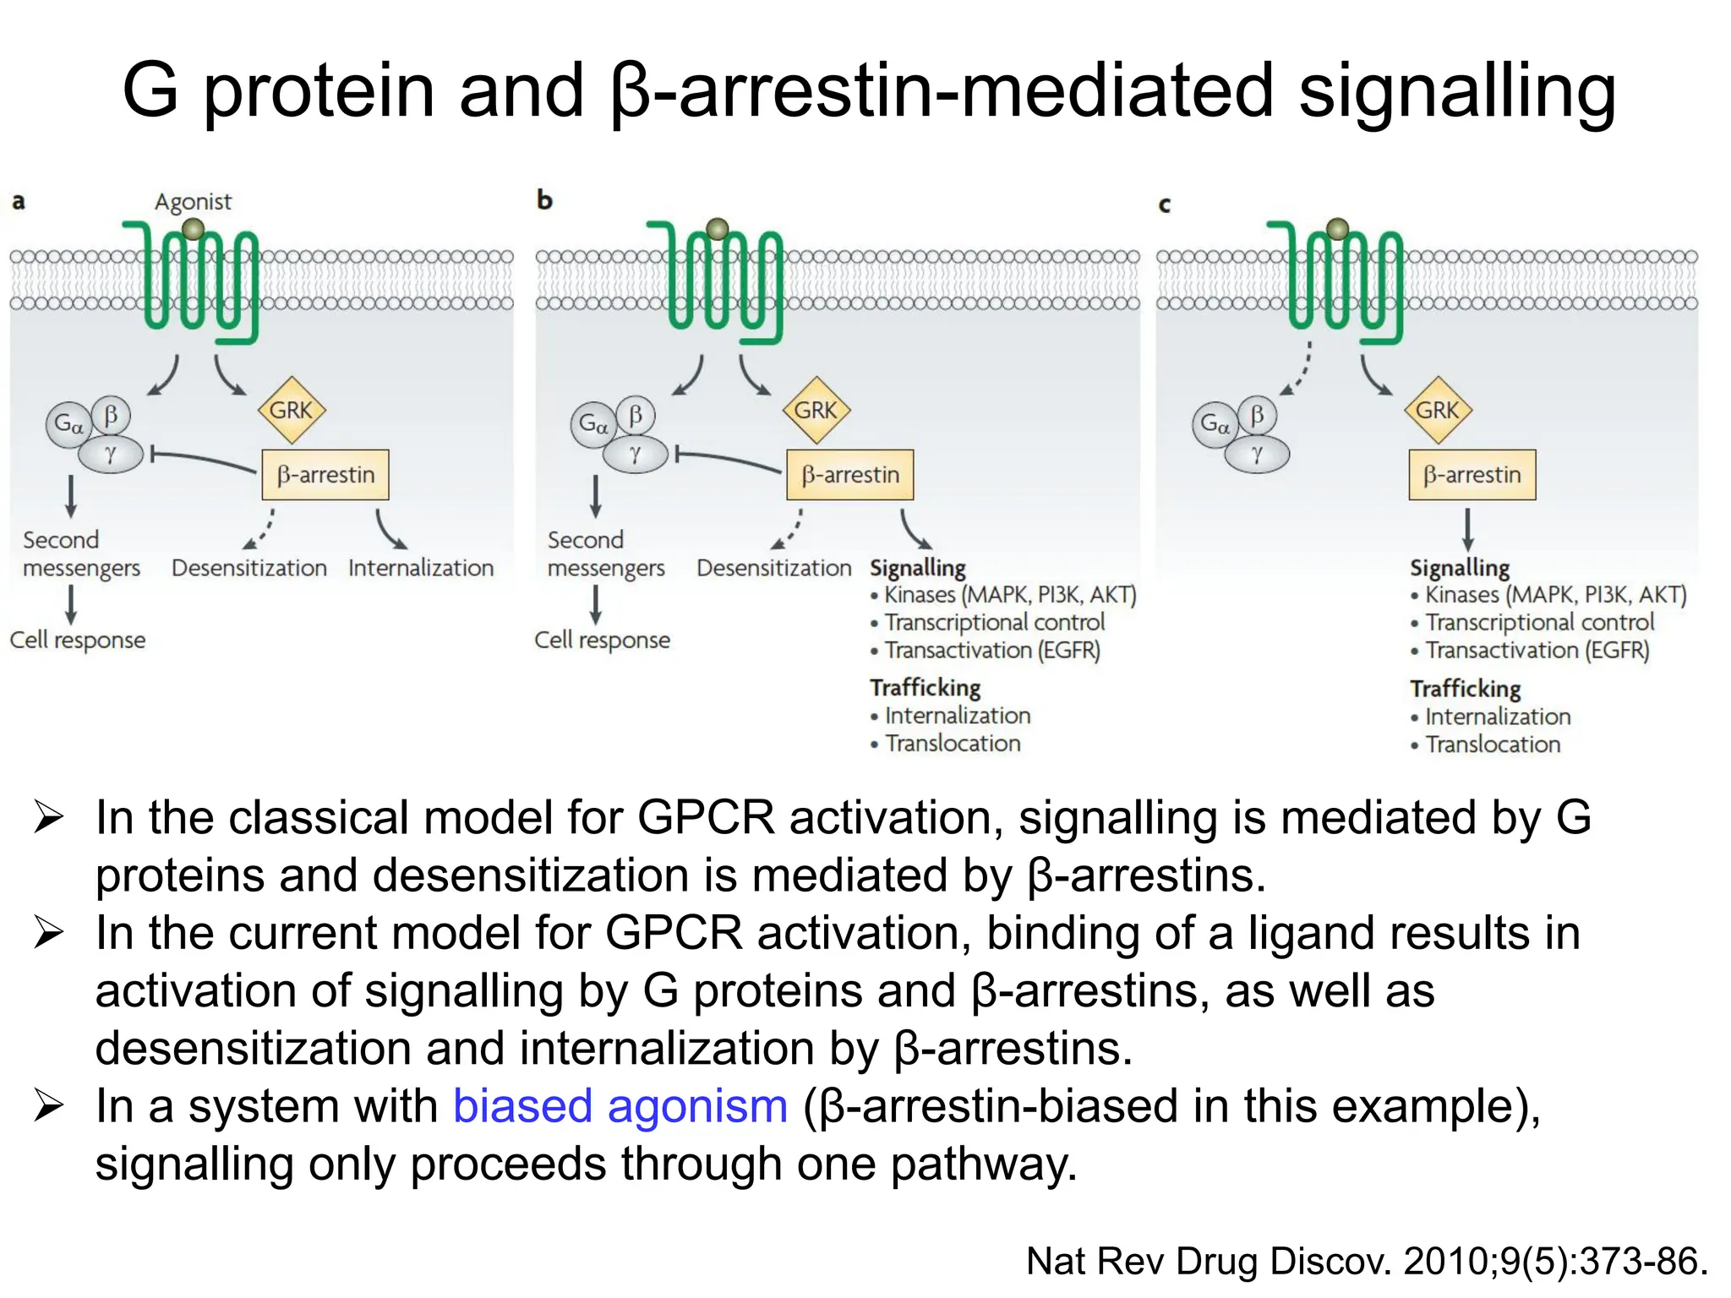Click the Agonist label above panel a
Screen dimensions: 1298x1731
(193, 201)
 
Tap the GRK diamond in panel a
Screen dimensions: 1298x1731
(291, 411)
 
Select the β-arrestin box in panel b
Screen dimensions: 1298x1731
(849, 475)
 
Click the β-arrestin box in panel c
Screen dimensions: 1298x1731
(1472, 475)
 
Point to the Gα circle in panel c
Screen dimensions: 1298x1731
(1215, 423)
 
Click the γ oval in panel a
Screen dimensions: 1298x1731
(111, 455)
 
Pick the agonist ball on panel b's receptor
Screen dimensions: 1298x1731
(718, 229)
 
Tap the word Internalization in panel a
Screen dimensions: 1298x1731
(421, 568)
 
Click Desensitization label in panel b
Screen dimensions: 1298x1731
(773, 568)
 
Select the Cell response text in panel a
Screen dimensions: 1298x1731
(78, 640)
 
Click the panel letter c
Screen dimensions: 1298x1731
(1165, 204)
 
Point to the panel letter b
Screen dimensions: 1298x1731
(544, 200)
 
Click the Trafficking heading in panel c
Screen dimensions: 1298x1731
(1465, 689)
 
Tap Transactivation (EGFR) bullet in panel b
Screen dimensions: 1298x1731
(991, 650)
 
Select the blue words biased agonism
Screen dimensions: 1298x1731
(620, 1106)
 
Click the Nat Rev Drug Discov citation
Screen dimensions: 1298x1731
(1366, 1261)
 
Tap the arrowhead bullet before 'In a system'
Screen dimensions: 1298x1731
(49, 1106)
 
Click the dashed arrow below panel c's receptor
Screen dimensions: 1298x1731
(1298, 369)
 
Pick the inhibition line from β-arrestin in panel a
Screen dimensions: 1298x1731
(203, 460)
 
